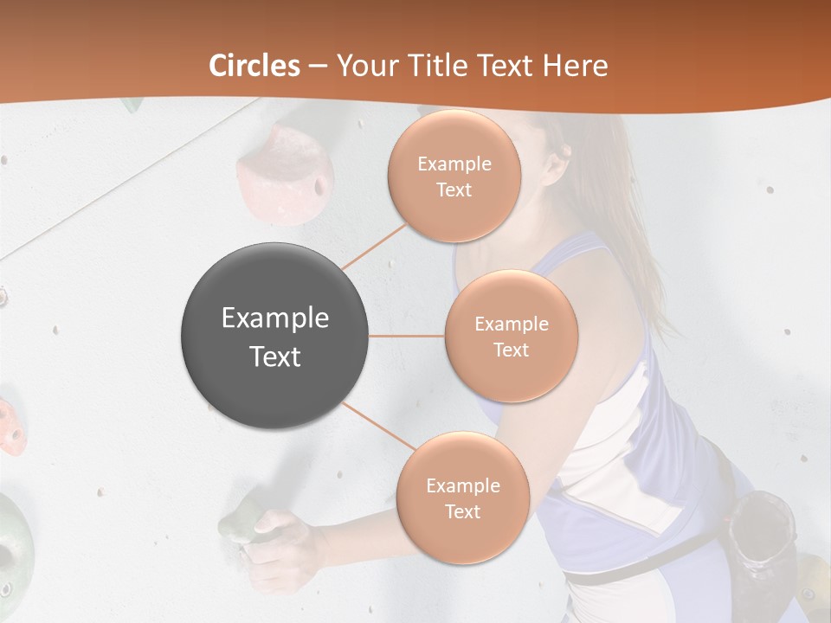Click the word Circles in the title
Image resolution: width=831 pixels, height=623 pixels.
[x=254, y=66]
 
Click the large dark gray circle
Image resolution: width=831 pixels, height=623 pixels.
[x=274, y=336]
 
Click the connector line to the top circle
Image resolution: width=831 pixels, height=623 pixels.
[x=374, y=246]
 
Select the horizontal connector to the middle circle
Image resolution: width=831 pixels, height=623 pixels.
[x=407, y=336]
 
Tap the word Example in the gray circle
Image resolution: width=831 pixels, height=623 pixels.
[x=274, y=318]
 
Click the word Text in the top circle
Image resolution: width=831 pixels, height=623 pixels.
[x=454, y=190]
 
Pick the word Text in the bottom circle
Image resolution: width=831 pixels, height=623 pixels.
[x=462, y=512]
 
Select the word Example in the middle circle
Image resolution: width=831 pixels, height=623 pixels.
[x=511, y=324]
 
